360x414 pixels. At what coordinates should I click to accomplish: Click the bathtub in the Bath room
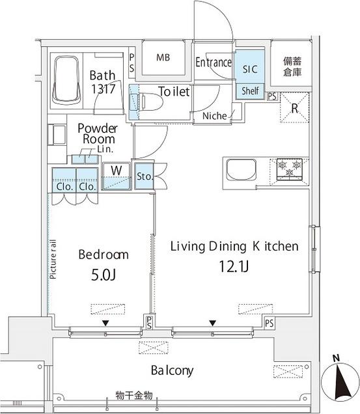coord(66,81)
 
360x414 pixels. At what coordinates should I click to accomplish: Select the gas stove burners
coord(290,169)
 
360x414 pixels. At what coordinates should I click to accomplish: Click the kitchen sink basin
coord(242,170)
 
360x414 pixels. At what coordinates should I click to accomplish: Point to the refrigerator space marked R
coord(294,107)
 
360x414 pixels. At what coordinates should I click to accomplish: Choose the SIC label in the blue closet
coord(250,69)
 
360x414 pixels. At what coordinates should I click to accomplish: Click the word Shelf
coord(250,91)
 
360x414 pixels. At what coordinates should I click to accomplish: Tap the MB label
coord(163,57)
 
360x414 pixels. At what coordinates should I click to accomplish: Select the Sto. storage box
coord(145,176)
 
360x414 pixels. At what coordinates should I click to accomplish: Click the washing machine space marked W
coord(117,176)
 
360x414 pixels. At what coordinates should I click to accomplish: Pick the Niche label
coord(214,116)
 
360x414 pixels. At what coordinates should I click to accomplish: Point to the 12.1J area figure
coord(234,266)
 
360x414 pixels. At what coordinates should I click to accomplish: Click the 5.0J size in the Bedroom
coord(104,275)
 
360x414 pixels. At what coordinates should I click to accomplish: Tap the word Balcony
coord(172,370)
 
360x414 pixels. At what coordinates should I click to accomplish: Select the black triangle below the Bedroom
coord(105,323)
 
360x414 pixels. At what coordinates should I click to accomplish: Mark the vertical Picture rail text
coord(53,259)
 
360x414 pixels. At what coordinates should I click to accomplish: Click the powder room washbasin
coord(57,135)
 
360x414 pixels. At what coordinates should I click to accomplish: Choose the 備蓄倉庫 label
coord(292,66)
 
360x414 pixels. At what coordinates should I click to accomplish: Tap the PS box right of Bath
coord(132,63)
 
